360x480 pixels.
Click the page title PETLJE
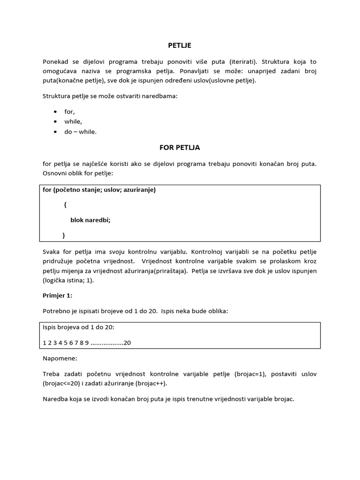click(x=180, y=45)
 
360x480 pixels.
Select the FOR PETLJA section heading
click(x=180, y=147)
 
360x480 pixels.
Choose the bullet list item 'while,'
click(x=73, y=121)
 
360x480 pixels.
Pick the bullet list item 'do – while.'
click(x=80, y=132)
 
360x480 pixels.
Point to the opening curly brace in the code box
click(x=65, y=205)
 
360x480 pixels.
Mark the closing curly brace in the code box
click(x=64, y=234)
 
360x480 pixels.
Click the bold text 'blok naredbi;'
click(x=90, y=219)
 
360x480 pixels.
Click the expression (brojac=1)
click(x=248, y=374)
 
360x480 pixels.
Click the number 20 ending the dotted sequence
click(x=127, y=343)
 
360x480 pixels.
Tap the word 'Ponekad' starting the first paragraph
click(x=55, y=62)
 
